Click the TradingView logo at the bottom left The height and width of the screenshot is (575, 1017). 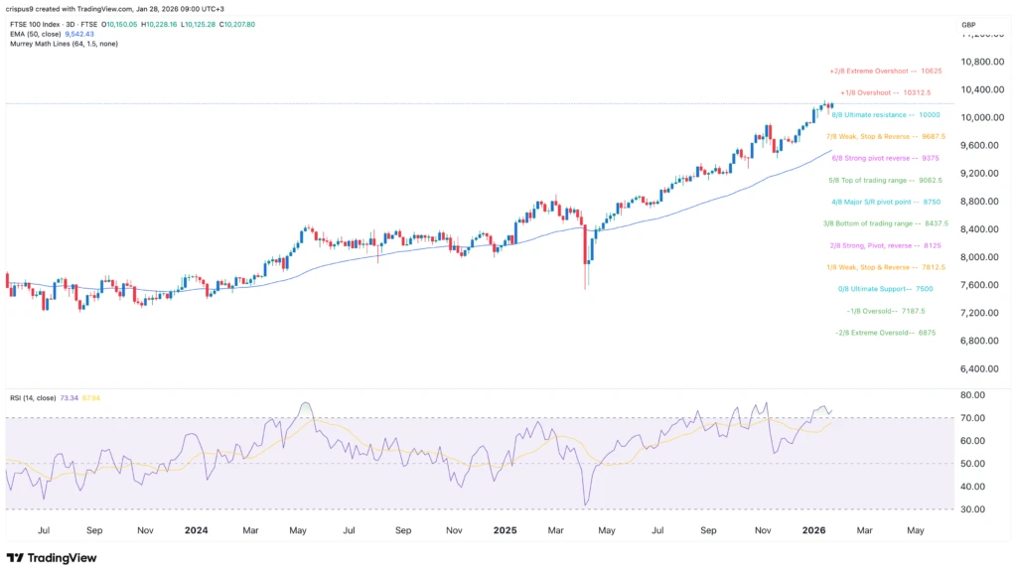(x=55, y=557)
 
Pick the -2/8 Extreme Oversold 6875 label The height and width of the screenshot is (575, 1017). (x=884, y=333)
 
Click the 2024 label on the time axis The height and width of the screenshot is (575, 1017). (x=195, y=531)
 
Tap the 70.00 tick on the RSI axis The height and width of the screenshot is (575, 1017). (x=973, y=418)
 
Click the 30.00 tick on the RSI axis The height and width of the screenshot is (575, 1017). (x=973, y=509)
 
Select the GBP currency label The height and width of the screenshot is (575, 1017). (x=968, y=24)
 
